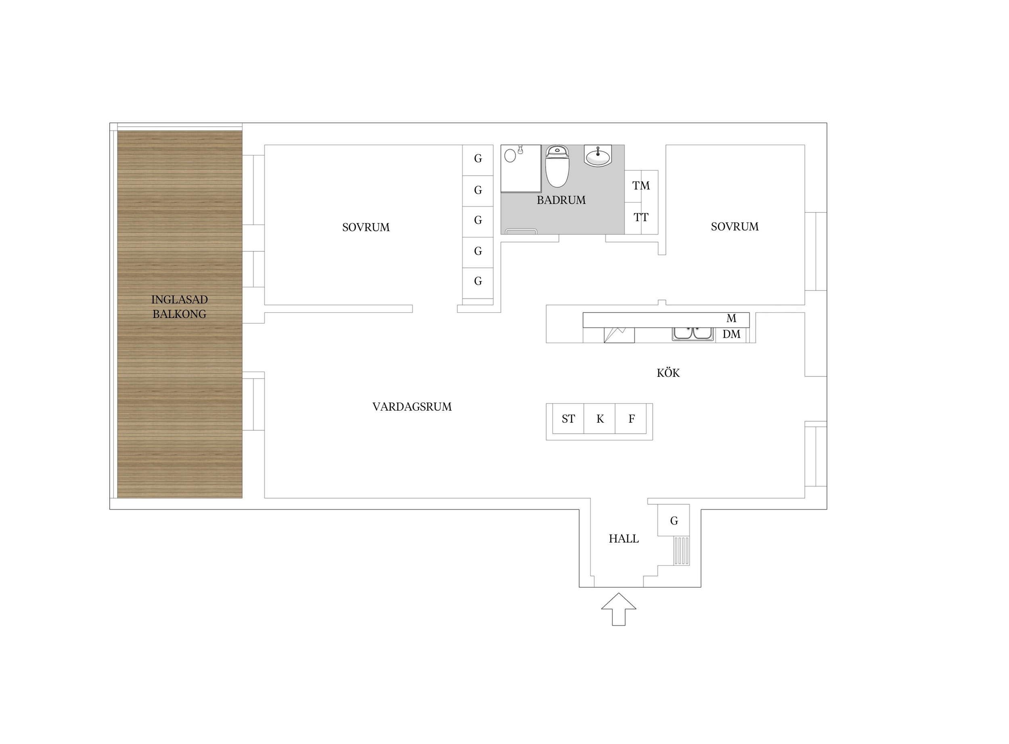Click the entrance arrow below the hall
(618, 609)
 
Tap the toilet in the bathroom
(557, 166)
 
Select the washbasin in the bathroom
(598, 156)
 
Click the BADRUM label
(561, 200)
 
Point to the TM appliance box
(641, 186)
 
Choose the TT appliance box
(641, 218)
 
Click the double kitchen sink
(693, 334)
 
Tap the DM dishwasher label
(731, 334)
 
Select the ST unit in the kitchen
(568, 418)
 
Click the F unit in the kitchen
(631, 418)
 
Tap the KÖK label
(668, 372)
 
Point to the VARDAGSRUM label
(412, 407)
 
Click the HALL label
(624, 539)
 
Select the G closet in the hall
(674, 520)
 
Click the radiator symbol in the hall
(682, 551)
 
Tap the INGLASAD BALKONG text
(179, 307)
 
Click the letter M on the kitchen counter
(731, 318)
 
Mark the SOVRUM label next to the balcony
(366, 228)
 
